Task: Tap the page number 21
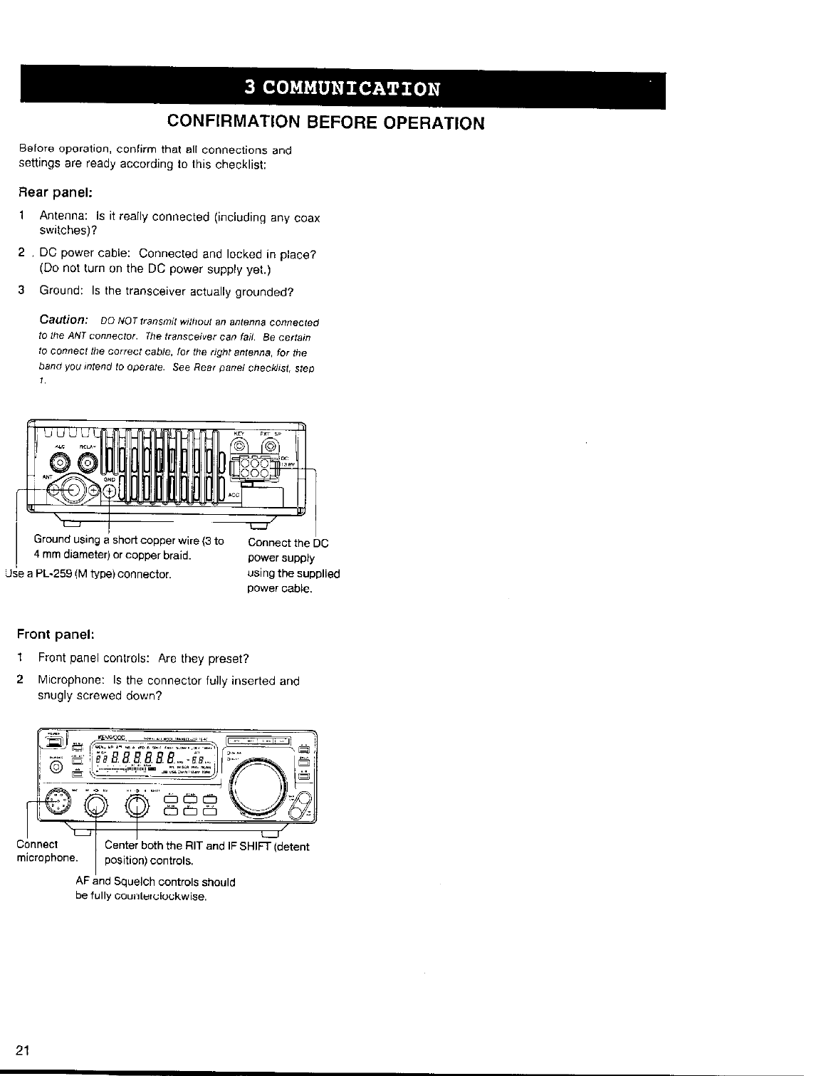coord(23,1050)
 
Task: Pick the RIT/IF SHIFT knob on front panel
coord(137,805)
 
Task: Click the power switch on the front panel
coord(54,743)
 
